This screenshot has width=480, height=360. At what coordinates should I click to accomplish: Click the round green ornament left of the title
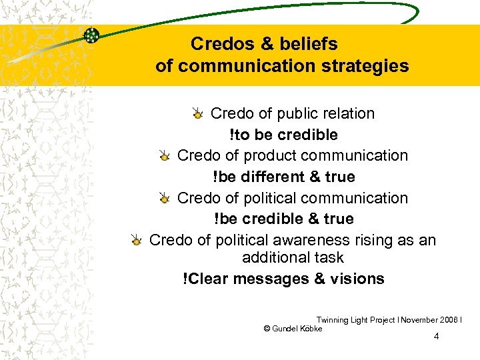(92, 35)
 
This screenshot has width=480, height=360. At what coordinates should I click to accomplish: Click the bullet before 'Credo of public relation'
(198, 115)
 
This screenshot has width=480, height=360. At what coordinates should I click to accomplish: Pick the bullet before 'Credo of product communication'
(165, 157)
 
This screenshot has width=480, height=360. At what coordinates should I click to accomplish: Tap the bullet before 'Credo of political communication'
(165, 199)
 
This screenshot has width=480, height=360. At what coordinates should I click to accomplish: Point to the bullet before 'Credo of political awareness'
(137, 241)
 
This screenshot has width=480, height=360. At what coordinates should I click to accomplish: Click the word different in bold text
(272, 177)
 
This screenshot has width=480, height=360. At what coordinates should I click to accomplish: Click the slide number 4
(436, 336)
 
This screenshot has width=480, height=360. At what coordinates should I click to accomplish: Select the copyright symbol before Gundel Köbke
(267, 329)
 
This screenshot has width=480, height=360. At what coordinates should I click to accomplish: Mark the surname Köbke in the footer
(311, 329)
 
